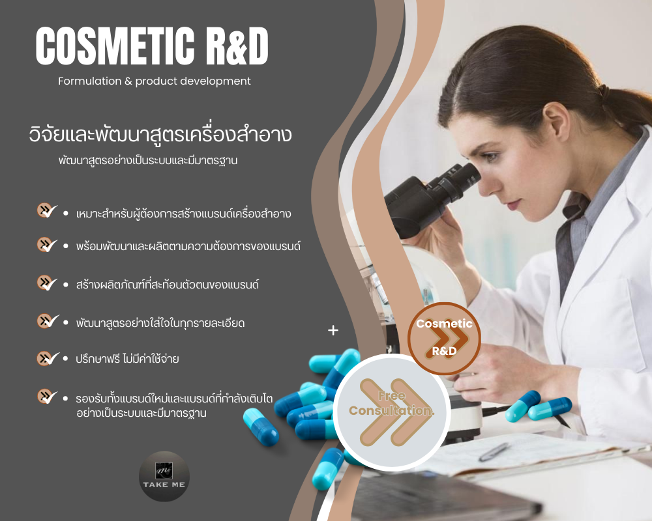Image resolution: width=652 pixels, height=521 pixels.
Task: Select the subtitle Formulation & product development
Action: tap(155, 81)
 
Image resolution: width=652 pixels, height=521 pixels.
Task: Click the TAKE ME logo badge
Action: tap(164, 476)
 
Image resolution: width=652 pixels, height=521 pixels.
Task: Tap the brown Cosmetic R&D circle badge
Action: tap(444, 338)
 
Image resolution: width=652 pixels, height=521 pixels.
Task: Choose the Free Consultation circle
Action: tap(391, 412)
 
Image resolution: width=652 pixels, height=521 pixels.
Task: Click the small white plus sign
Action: tap(333, 330)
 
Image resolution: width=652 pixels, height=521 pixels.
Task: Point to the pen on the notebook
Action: tap(494, 451)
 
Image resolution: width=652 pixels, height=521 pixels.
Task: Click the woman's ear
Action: tap(556, 121)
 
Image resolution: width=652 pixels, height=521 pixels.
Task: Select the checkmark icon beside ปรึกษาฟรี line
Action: tap(48, 358)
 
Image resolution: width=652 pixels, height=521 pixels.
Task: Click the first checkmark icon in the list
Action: tap(47, 210)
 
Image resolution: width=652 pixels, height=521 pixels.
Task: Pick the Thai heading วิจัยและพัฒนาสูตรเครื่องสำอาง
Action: tap(160, 134)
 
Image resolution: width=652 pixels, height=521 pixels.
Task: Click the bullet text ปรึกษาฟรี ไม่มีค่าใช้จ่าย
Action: tap(127, 359)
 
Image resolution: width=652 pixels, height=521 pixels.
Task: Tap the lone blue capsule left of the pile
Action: tap(261, 427)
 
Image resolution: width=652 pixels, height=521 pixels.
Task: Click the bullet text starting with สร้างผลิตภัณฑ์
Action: tap(167, 285)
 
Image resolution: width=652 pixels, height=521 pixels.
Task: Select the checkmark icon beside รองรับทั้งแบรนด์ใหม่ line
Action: tap(47, 397)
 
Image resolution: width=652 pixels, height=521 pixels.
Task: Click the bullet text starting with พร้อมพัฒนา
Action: tap(188, 246)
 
